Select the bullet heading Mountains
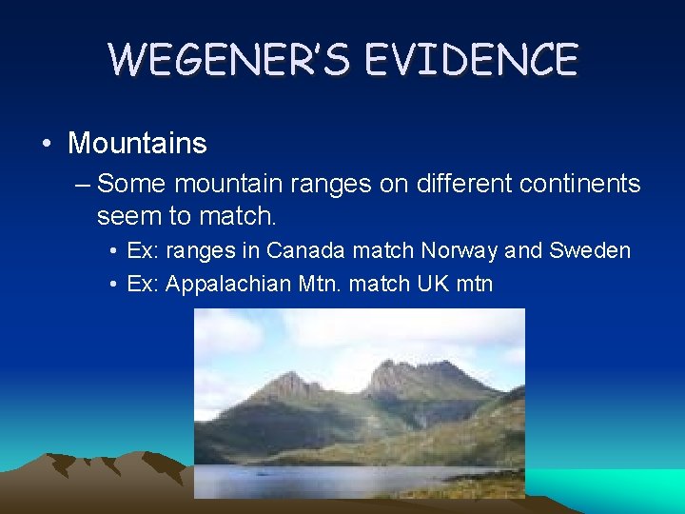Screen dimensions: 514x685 137,144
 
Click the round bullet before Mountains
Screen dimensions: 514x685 47,144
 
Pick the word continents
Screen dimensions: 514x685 577,183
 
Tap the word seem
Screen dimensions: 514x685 130,217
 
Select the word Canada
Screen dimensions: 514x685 306,250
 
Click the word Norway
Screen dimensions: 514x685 460,250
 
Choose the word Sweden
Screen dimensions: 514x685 592,250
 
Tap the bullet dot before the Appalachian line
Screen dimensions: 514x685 113,284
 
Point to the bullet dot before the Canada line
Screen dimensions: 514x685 113,250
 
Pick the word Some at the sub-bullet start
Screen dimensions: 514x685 127,183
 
